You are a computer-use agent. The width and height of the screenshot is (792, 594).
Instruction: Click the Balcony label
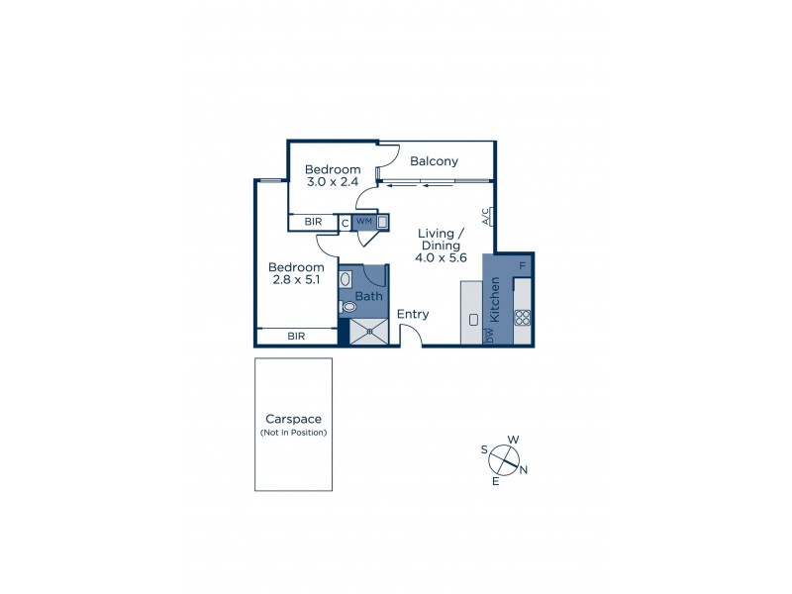coord(434,160)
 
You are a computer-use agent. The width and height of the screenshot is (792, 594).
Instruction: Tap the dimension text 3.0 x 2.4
coord(333,182)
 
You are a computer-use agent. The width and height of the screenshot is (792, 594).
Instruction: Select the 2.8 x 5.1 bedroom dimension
coord(296,280)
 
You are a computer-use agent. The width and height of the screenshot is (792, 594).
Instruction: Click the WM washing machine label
coord(363,222)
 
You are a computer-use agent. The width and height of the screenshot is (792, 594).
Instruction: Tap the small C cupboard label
coord(345,223)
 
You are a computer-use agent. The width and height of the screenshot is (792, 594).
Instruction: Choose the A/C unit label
coord(487,217)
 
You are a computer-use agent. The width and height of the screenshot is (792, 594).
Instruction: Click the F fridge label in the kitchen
coord(522,265)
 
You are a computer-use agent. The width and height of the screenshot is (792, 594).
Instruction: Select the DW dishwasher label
coord(490,336)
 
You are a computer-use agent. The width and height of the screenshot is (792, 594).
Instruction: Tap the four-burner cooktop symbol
coord(522,318)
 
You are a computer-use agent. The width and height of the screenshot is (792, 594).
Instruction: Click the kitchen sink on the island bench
coord(473,319)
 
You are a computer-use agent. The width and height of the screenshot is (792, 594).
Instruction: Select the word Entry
coord(413,315)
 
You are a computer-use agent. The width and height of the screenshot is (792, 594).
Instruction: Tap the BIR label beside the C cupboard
coord(313,222)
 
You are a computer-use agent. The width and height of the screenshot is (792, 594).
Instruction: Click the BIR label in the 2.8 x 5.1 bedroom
coord(296,337)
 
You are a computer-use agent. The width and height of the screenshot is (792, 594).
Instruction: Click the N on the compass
coord(524,470)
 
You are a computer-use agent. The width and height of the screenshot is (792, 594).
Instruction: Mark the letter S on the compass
coord(484,449)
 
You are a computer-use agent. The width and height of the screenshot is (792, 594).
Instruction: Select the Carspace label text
coord(293,419)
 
